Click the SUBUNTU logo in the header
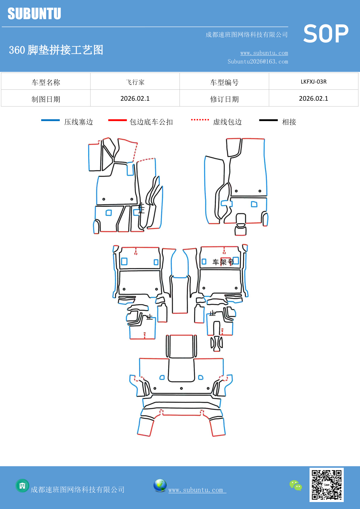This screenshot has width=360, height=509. click(34, 14)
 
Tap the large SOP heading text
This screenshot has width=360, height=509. click(326, 34)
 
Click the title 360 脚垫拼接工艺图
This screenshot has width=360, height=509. click(56, 50)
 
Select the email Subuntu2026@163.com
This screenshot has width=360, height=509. click(258, 62)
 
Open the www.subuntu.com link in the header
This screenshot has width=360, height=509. click(264, 53)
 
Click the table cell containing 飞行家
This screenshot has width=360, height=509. click(135, 82)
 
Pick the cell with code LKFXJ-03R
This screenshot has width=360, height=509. click(313, 82)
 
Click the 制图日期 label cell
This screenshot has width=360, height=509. click(46, 99)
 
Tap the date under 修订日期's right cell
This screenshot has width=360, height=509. click(313, 98)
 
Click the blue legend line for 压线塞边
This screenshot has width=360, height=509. click(50, 120)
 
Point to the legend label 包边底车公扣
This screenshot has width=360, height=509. click(151, 122)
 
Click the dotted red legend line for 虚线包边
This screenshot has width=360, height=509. click(200, 120)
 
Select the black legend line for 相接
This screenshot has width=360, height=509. click(268, 120)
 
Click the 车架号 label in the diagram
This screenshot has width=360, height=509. click(223, 262)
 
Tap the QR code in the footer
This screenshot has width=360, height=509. click(326, 485)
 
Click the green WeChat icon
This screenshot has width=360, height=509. click(296, 485)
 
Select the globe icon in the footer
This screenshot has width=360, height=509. click(160, 485)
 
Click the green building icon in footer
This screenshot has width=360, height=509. click(22, 485)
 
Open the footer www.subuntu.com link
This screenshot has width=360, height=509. click(196, 490)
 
